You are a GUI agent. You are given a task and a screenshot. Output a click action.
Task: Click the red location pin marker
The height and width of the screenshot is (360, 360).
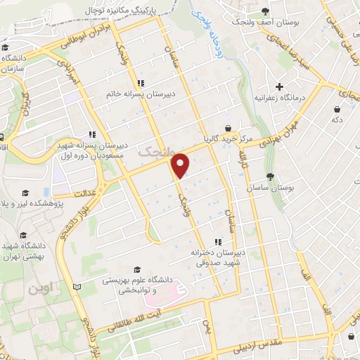click(181, 164)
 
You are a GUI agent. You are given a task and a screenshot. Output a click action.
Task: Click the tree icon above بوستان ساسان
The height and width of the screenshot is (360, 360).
click(271, 176)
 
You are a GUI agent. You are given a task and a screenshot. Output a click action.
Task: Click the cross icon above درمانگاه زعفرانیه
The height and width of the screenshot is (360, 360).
click(280, 87)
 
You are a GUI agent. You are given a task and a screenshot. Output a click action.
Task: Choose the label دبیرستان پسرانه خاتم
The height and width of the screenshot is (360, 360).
click(140, 93)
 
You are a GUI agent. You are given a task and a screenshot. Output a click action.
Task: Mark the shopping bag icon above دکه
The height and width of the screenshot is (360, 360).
click(337, 109)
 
